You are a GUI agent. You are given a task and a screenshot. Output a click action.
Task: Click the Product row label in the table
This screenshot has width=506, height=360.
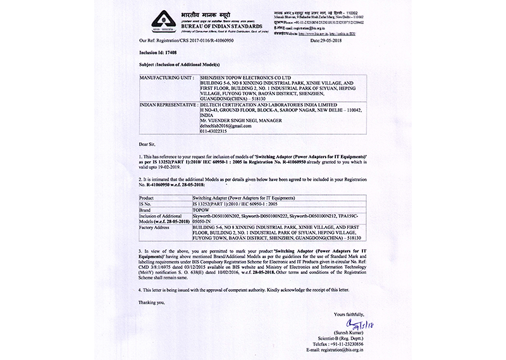(147, 197)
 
